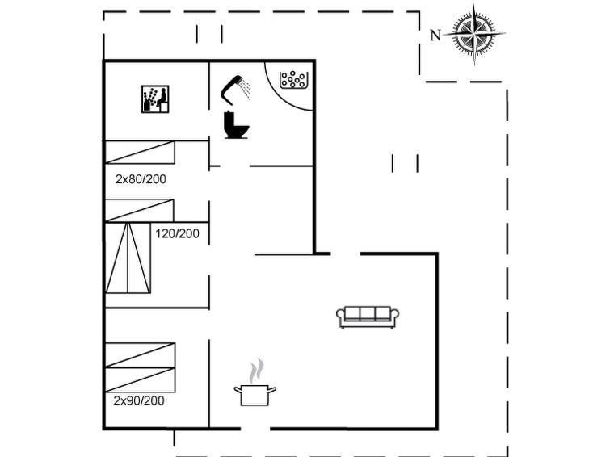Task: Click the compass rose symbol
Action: [x=474, y=34]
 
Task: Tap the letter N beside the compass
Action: [x=435, y=36]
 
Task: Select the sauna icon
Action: [x=155, y=99]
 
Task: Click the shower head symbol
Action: [x=230, y=90]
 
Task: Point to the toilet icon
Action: [x=236, y=125]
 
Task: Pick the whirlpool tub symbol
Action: [x=294, y=79]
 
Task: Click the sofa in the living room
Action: [x=368, y=317]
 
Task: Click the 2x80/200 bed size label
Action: [x=141, y=179]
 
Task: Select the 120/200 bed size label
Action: [x=178, y=234]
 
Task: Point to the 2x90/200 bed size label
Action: [x=139, y=400]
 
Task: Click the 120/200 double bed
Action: [x=128, y=258]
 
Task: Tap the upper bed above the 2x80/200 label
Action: [x=140, y=153]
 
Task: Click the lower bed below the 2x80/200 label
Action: [x=140, y=211]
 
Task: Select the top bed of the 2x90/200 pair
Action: [x=141, y=355]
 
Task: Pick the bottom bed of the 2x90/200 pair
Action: [x=141, y=379]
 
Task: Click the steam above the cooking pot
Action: [x=256, y=371]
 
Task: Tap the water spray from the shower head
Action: [x=245, y=89]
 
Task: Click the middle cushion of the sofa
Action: [x=368, y=313]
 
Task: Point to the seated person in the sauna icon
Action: [x=162, y=99]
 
